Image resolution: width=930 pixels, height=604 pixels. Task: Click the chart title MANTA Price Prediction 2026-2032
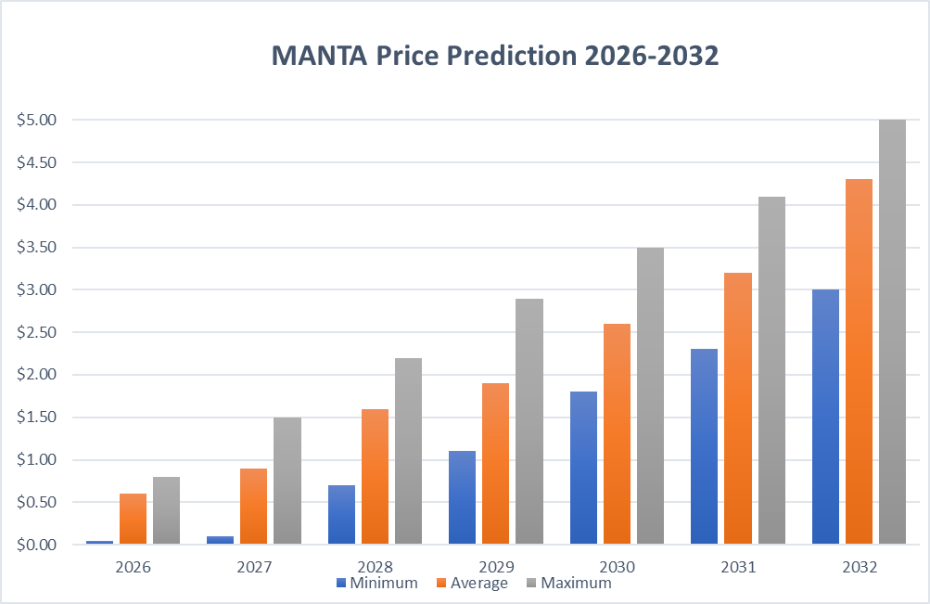[x=495, y=56]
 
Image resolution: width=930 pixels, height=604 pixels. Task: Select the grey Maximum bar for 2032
[x=892, y=332]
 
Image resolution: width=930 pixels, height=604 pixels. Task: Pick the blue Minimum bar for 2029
[x=462, y=498]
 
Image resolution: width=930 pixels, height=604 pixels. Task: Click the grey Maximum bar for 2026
[x=166, y=510]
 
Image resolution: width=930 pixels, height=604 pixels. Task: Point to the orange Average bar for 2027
[x=253, y=507]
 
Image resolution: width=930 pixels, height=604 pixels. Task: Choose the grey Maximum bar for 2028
[x=408, y=451]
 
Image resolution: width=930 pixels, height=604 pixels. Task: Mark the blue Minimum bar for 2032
[x=825, y=418]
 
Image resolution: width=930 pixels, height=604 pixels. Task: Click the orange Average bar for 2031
[x=738, y=408]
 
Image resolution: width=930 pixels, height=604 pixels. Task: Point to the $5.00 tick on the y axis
[x=37, y=120]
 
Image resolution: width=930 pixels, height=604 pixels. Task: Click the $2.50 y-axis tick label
[x=37, y=332]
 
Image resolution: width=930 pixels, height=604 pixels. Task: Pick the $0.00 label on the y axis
[x=37, y=545]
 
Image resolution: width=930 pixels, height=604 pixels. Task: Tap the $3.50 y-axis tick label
[x=37, y=248]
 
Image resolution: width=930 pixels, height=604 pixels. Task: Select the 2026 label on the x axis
[x=133, y=565]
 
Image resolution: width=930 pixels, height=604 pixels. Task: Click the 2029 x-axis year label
[x=495, y=565]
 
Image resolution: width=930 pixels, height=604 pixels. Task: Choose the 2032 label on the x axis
[x=858, y=565]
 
